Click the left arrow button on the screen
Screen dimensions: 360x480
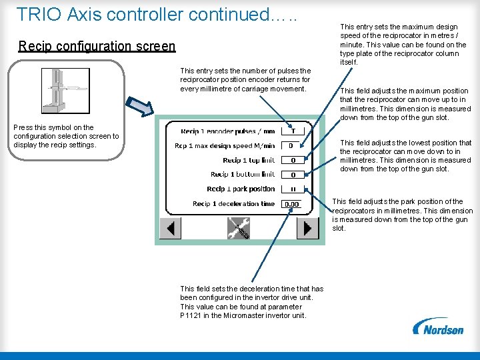coord(171,229)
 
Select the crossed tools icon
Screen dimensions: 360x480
coord(238,228)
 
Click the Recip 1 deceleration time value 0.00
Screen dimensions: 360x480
coord(292,204)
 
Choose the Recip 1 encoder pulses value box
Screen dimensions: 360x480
coord(292,131)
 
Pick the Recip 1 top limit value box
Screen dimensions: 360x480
coord(292,160)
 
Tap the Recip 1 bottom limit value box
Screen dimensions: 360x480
coord(292,175)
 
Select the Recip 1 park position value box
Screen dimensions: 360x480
coord(292,189)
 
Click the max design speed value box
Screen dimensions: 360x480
coord(292,145)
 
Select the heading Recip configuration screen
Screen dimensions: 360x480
coord(97,46)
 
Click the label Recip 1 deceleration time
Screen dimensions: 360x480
coord(233,204)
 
